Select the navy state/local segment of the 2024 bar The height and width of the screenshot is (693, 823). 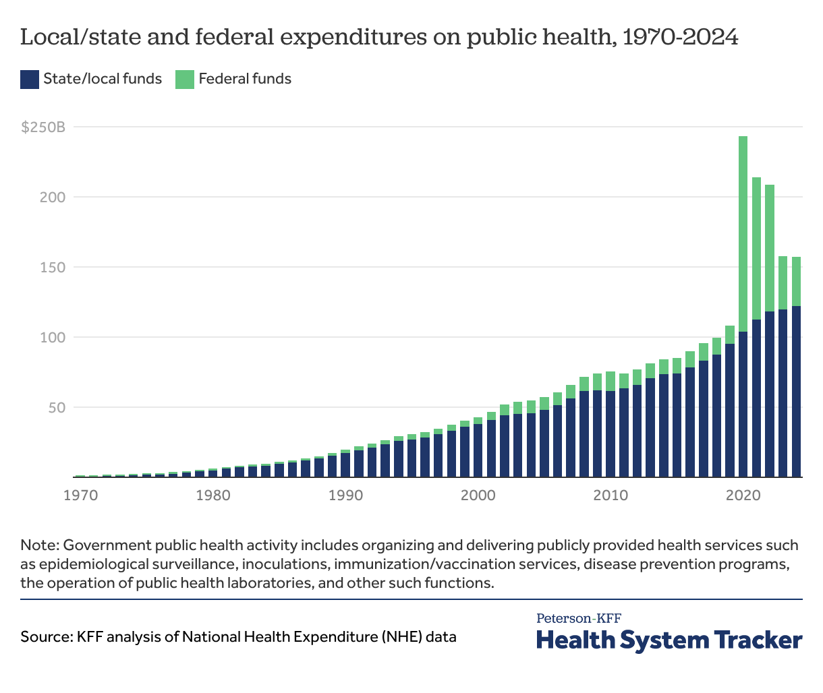coord(796,391)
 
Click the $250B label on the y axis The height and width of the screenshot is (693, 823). coord(42,127)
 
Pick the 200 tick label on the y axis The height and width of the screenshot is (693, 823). coord(53,197)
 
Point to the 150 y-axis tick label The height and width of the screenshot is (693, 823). coord(53,267)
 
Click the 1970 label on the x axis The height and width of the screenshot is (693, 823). coord(80,495)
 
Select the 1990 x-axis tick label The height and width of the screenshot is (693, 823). coord(345,495)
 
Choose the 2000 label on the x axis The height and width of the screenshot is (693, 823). coord(478,495)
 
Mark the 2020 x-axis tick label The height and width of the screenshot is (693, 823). coord(743,495)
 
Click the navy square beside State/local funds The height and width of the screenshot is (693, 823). coord(29,79)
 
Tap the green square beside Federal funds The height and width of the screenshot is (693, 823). coord(184,79)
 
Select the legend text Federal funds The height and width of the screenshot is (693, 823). coord(245,79)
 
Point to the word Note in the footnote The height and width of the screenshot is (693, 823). coord(38,545)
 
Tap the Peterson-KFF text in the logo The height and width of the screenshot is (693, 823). coord(579,617)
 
